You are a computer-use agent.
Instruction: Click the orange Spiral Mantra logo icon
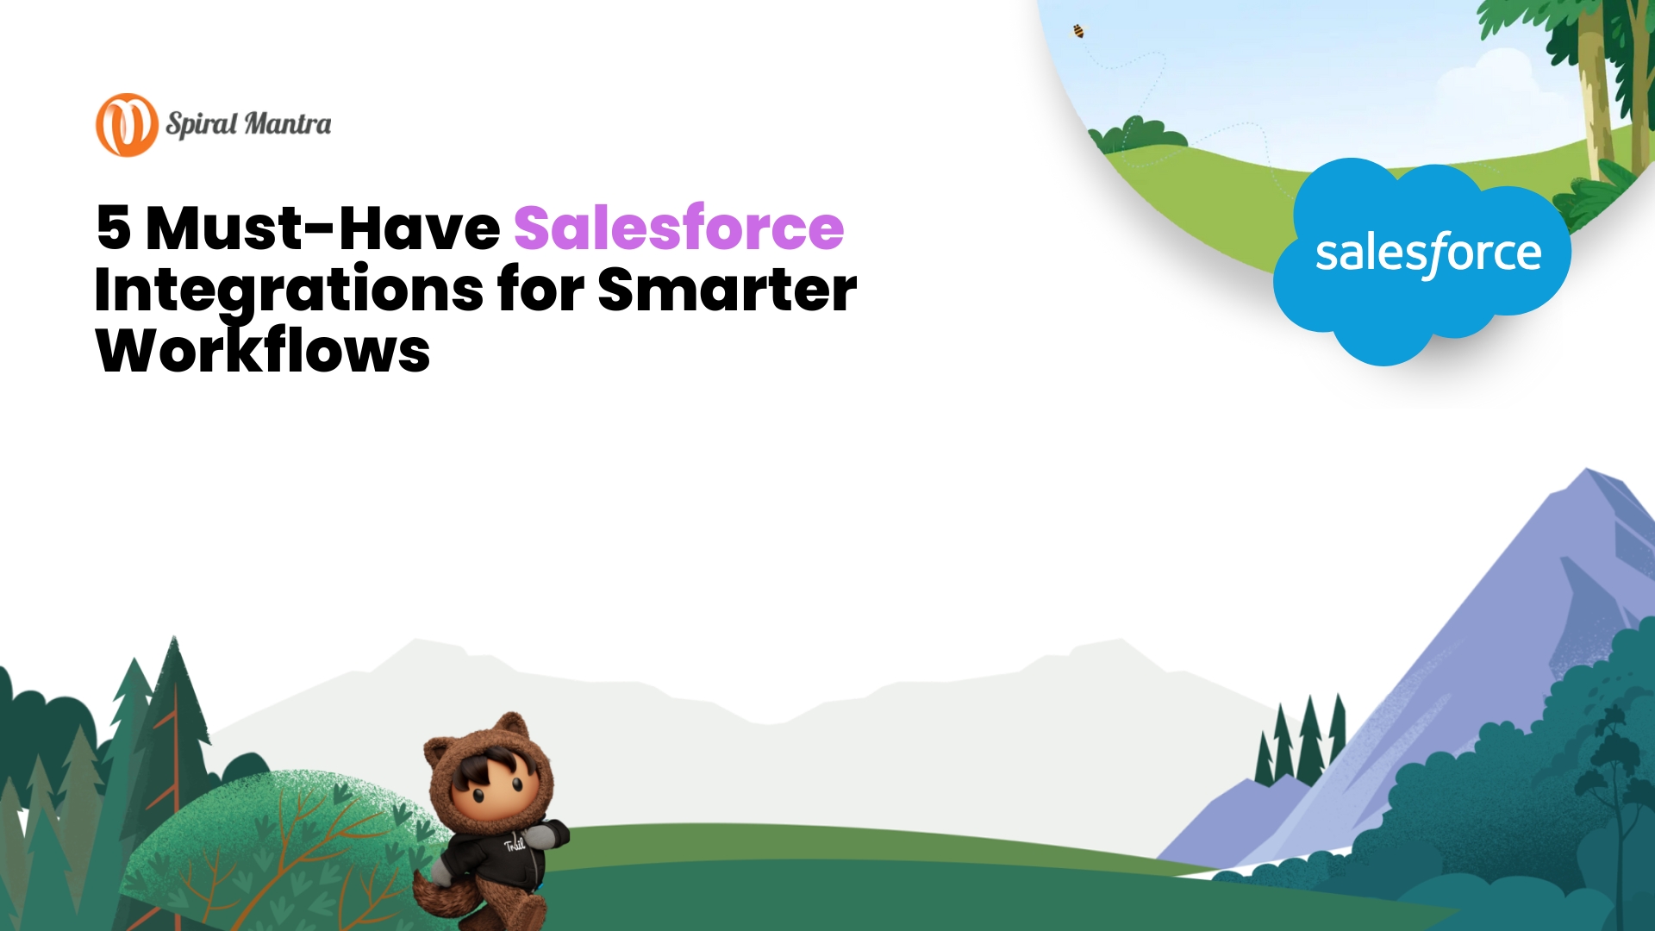point(127,125)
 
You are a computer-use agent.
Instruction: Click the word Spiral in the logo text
point(202,124)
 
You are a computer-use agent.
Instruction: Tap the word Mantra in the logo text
point(288,124)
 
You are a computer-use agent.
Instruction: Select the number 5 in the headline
point(114,228)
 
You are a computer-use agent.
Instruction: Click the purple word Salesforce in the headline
point(678,228)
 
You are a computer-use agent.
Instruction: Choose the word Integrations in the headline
point(289,290)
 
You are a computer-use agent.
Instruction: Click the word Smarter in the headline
point(727,290)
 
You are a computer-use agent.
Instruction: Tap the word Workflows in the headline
point(263,351)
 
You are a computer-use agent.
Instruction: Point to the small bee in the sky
point(1078,32)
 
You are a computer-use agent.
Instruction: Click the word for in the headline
point(540,290)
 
